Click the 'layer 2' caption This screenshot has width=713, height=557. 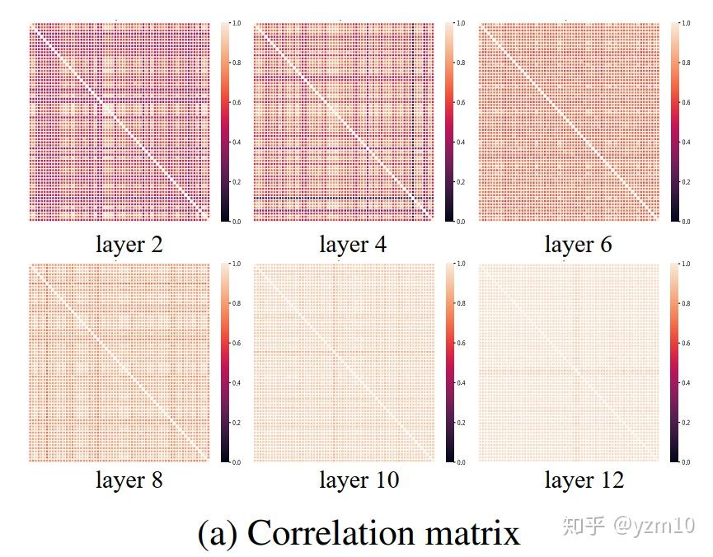[129, 245]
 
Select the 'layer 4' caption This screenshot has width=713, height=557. [353, 245]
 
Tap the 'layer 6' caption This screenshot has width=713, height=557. [578, 245]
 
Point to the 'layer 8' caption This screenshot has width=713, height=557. [129, 480]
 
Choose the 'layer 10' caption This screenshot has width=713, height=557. [359, 480]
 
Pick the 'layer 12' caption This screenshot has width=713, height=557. [584, 480]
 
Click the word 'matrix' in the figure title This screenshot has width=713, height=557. [474, 533]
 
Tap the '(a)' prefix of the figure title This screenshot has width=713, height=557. [218, 533]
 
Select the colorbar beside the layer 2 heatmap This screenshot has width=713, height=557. [225, 122]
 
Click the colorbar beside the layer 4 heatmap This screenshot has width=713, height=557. [449, 122]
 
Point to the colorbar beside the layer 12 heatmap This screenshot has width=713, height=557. [675, 363]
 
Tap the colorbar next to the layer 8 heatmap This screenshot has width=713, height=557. [225, 363]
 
